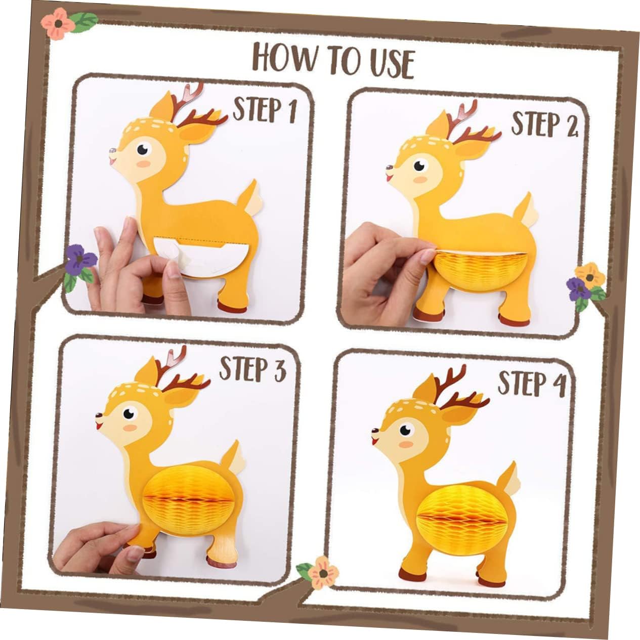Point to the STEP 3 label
pyautogui.click(x=253, y=368)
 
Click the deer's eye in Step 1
pyautogui.click(x=144, y=149)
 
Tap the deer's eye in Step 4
pyautogui.click(x=406, y=430)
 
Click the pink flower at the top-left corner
pyautogui.click(x=58, y=24)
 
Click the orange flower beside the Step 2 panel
pyautogui.click(x=590, y=276)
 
